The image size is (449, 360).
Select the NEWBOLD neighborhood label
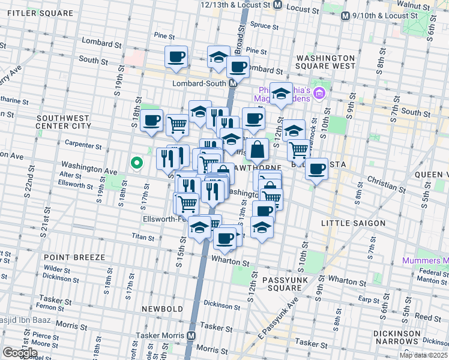[x=161, y=308]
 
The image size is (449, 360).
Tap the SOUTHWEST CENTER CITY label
[x=63, y=122]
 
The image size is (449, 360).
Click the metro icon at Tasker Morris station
[x=191, y=335]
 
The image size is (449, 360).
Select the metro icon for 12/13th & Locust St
[x=277, y=4]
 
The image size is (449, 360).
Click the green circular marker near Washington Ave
[x=137, y=162]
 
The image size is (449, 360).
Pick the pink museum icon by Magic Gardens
[x=319, y=93]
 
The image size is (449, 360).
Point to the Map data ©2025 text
[x=423, y=355]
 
